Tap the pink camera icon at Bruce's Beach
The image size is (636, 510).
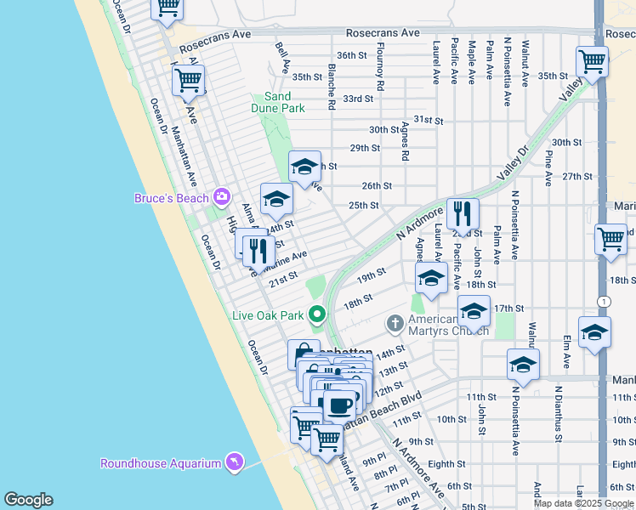(x=222, y=197)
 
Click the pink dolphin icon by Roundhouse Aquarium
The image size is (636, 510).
(x=234, y=462)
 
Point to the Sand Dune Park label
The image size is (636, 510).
(x=277, y=103)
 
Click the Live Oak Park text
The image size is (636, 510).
(x=268, y=315)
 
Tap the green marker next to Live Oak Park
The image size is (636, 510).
(x=318, y=315)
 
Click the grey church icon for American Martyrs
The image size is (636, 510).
(x=395, y=324)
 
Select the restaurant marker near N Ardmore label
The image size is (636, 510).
(x=463, y=212)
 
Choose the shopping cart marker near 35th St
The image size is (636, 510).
(x=592, y=61)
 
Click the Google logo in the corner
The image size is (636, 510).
(x=27, y=500)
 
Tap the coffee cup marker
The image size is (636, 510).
(x=340, y=405)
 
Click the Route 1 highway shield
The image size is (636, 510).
(x=602, y=302)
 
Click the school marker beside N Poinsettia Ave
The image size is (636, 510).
(x=523, y=365)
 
